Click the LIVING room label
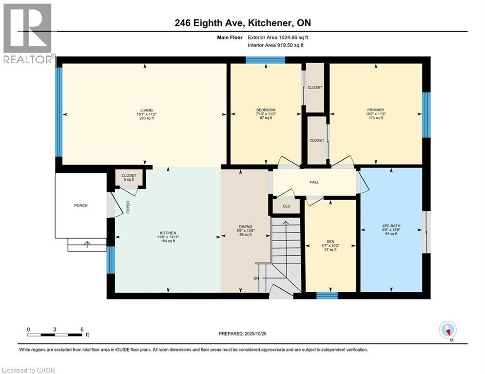[x=145, y=111]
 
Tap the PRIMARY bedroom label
[x=375, y=111]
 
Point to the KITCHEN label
[x=167, y=233]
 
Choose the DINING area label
[x=245, y=226]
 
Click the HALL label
[x=314, y=182]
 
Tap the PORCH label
[x=81, y=206]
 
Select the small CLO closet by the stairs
[x=286, y=206]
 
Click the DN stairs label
[x=256, y=279]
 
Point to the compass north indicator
[x=447, y=331]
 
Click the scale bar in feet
[x=55, y=335]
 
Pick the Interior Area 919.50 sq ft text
[x=276, y=45]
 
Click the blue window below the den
[x=327, y=295]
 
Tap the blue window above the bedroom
[x=265, y=60]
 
